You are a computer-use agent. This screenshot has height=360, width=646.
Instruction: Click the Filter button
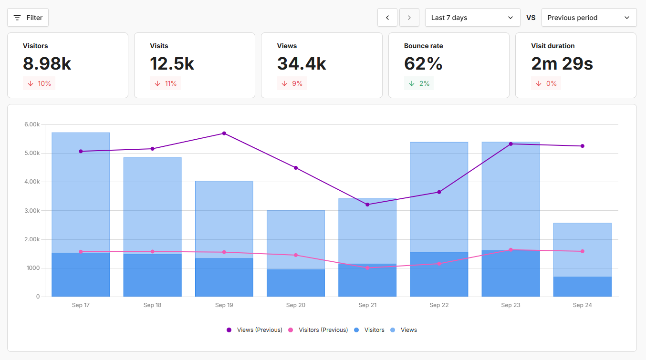28,18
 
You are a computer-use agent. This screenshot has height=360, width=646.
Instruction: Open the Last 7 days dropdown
472,18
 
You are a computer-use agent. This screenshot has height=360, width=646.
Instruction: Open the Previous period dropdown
589,18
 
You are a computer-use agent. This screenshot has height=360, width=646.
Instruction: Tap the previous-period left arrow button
387,18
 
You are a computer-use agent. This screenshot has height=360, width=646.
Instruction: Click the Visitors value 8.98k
47,63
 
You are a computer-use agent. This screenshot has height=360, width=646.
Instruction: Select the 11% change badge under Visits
165,83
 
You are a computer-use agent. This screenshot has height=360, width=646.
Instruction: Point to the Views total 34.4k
302,63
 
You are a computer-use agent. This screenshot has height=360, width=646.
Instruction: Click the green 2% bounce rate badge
418,83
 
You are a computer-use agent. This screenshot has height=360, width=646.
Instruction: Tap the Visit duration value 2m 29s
562,63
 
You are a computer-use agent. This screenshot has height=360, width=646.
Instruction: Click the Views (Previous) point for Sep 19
224,134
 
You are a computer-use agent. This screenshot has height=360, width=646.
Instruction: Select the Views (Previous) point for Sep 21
367,205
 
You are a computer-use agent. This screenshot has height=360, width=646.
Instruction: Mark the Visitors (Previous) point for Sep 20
296,255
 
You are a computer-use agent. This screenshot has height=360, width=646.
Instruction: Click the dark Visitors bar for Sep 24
582,287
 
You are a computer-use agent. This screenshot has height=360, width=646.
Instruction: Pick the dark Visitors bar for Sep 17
81,275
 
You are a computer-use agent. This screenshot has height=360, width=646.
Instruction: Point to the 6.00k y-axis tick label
32,124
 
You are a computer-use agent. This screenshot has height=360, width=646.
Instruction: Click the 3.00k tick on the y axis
32,211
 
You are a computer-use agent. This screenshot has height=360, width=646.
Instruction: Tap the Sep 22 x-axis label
439,305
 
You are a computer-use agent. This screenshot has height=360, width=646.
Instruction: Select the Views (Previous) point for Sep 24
583,146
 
